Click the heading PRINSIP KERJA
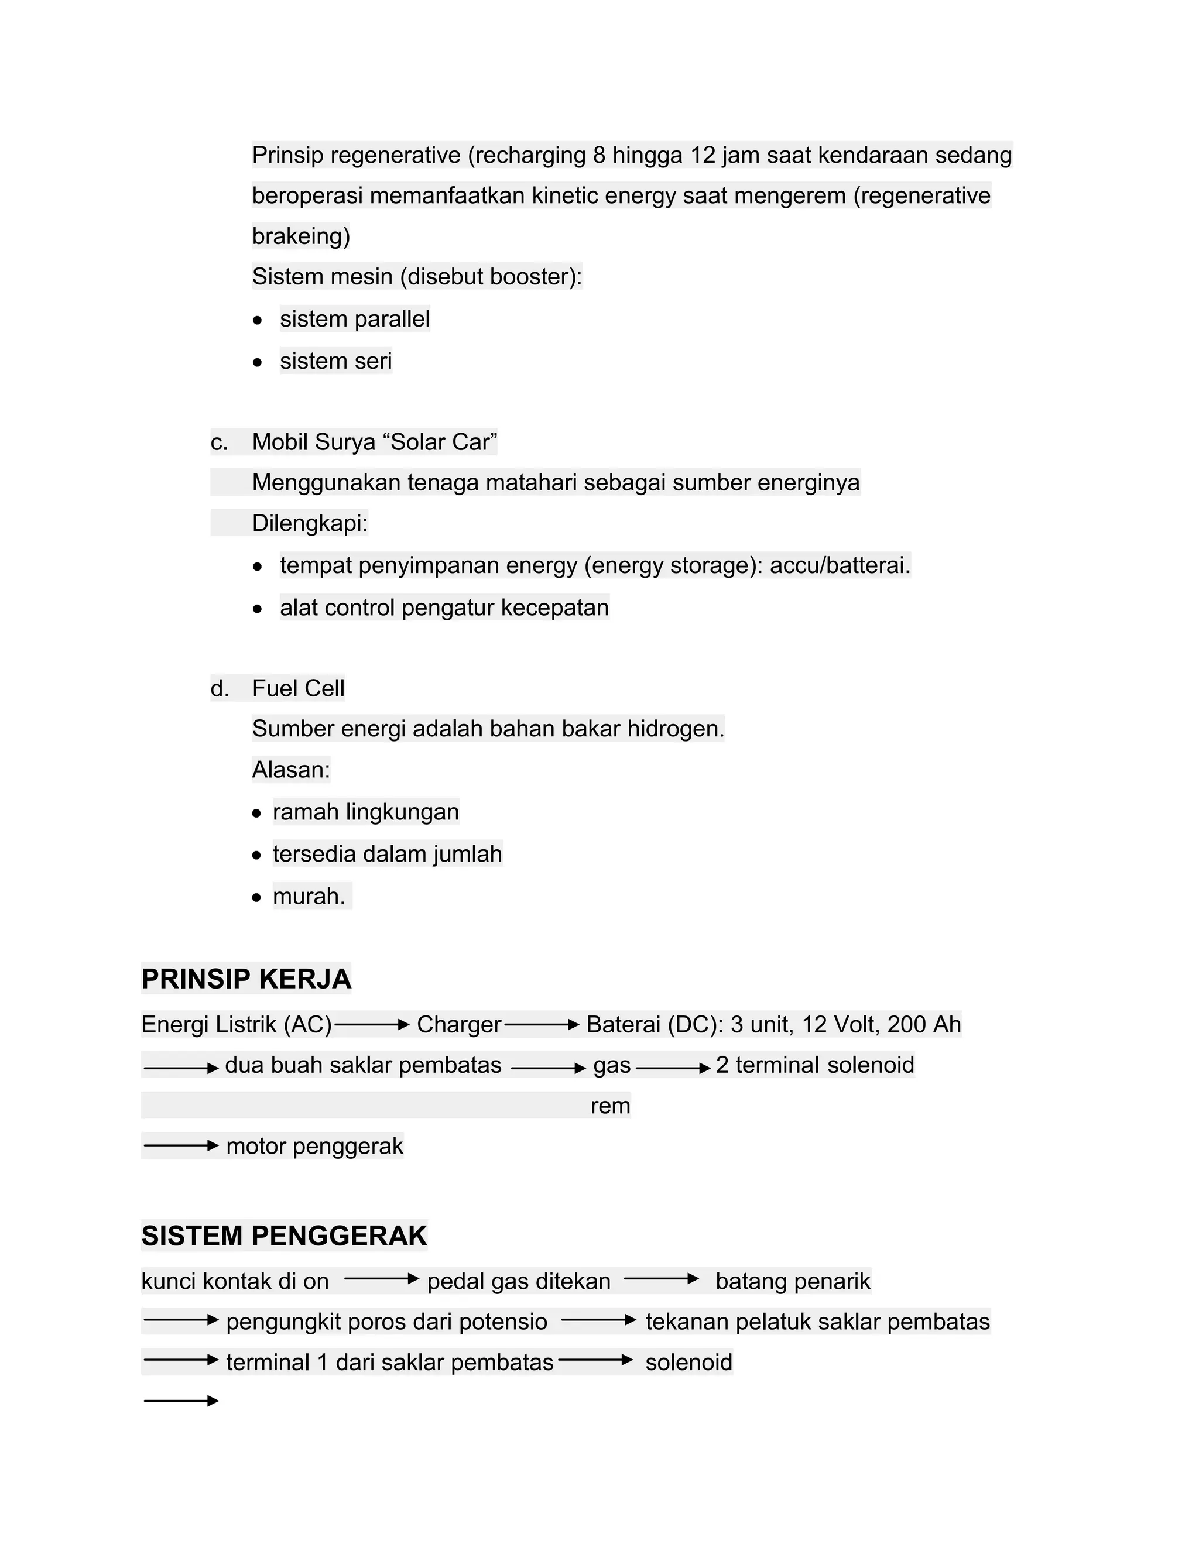[246, 979]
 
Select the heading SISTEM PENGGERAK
[284, 1236]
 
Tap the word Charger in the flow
[459, 1024]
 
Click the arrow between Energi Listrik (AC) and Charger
[372, 1025]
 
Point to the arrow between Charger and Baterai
[542, 1025]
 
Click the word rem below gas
[610, 1106]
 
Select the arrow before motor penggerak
[181, 1145]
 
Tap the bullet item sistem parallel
[354, 319]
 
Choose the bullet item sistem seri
[335, 361]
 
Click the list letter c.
[219, 442]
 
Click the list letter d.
[220, 688]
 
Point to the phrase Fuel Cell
[299, 688]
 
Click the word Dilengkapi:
[310, 523]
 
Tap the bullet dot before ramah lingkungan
[257, 813]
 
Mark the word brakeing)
[301, 236]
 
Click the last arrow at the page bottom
[181, 1401]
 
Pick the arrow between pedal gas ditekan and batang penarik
[662, 1279]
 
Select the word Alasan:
[291, 770]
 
